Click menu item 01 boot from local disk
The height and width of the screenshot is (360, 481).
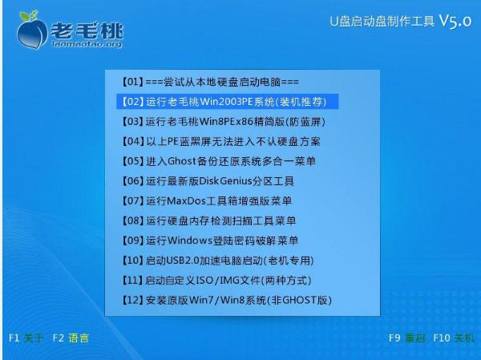[210, 83]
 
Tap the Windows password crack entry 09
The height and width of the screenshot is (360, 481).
[210, 241]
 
